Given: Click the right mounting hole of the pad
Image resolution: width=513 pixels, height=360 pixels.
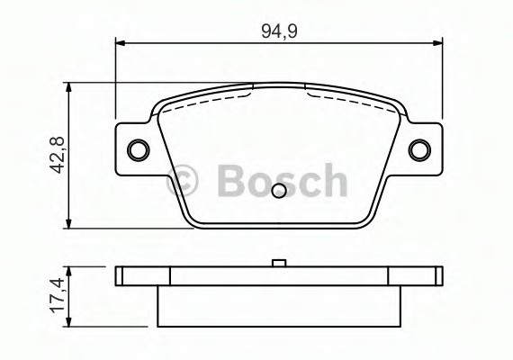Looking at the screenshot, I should point(419,148).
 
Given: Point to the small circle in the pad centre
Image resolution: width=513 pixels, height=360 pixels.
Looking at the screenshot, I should point(279,190).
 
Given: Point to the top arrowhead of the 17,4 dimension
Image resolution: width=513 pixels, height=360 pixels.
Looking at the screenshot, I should point(70,269).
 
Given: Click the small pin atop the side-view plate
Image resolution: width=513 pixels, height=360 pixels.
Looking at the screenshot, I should point(279,264).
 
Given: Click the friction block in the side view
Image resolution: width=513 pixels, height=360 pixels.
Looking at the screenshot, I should point(279,306).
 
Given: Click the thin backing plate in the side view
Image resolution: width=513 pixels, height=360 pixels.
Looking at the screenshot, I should point(279,276).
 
